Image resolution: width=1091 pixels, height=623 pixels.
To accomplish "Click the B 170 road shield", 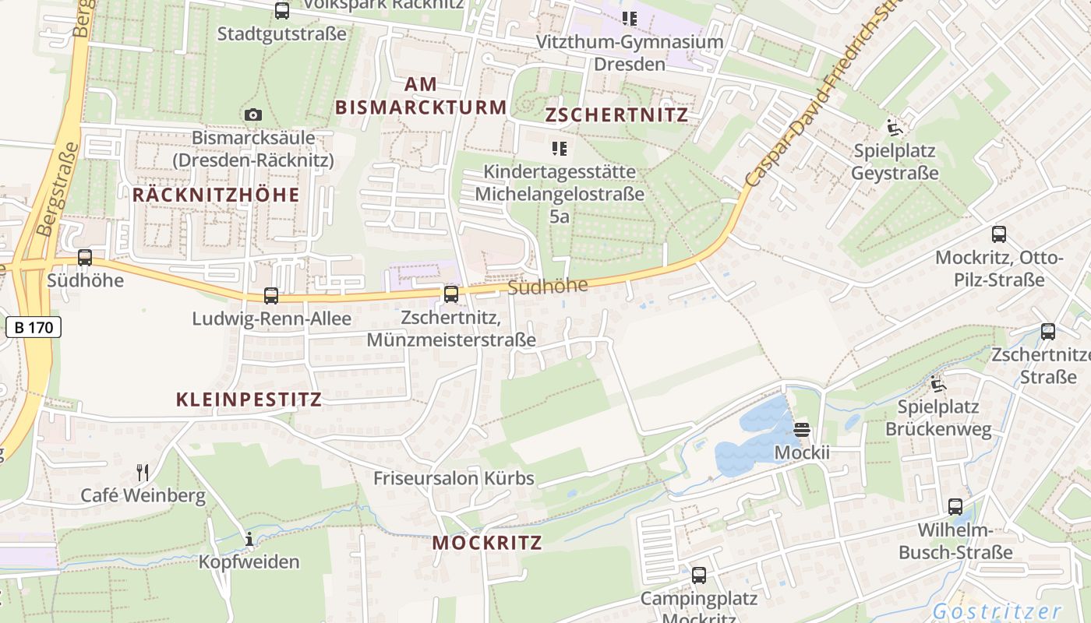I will [x=34, y=327].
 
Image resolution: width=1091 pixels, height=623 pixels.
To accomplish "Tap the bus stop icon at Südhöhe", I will [x=85, y=257].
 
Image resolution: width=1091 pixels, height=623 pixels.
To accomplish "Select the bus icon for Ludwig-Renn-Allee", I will [x=271, y=296].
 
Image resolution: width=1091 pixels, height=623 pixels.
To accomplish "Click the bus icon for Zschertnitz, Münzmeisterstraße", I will [x=450, y=294].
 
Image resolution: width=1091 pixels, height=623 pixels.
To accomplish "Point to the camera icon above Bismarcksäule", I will [x=253, y=115].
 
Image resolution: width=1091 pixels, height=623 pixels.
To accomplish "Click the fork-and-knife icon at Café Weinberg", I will [x=143, y=472].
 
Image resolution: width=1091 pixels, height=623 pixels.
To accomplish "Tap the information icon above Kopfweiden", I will [x=249, y=539].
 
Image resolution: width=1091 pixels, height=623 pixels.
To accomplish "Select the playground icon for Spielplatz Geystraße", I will [x=894, y=127].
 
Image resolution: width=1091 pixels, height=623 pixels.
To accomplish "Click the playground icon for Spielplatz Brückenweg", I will [x=937, y=384].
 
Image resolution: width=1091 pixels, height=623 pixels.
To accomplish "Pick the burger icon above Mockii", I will [x=803, y=429].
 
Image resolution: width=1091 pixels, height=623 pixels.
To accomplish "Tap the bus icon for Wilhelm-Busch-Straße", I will [x=955, y=507].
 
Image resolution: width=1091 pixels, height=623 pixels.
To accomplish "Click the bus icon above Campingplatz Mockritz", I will [x=699, y=575].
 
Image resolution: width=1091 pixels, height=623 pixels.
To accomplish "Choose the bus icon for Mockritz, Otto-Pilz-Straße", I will [x=999, y=234].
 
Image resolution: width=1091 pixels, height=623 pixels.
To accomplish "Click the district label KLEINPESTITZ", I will [x=249, y=400].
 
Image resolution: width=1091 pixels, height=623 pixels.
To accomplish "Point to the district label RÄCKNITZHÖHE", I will [x=216, y=195].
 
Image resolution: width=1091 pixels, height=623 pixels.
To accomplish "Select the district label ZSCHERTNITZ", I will [x=616, y=115].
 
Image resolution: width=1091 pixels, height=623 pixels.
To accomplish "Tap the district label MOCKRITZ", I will [x=487, y=543].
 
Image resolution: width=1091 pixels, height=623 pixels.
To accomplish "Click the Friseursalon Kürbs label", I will [x=454, y=478].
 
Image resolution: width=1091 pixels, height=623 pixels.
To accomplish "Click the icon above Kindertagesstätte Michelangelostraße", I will [x=559, y=148].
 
